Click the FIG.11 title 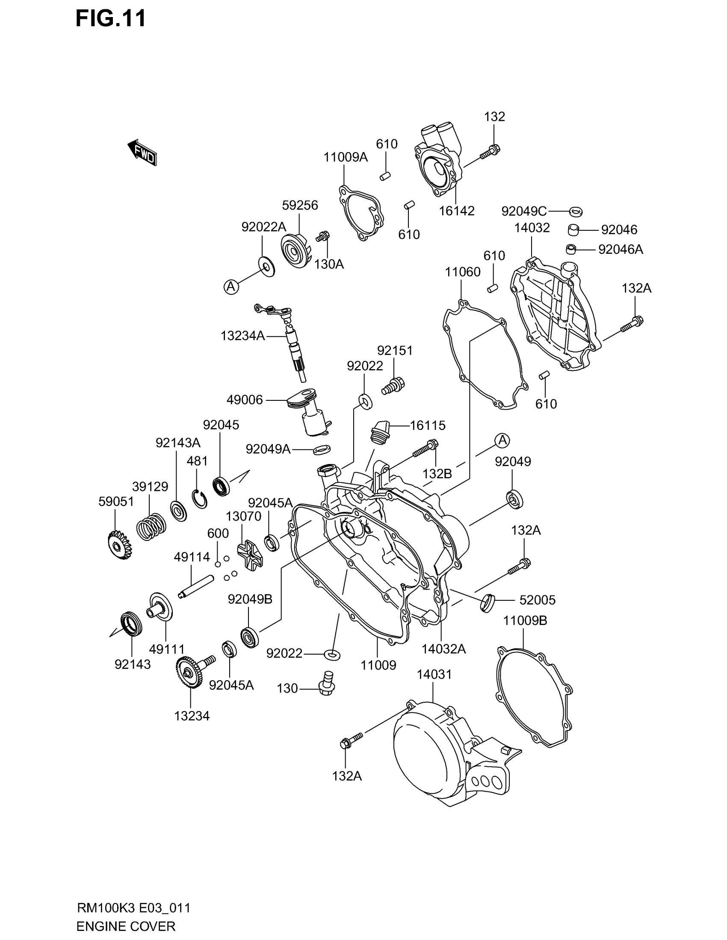point(111,18)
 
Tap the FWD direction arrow point(142,153)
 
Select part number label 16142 point(457,211)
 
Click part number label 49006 point(245,400)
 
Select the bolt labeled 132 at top point(491,151)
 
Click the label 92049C point(524,211)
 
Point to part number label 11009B point(525,621)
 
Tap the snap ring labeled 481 point(199,499)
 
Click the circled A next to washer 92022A point(231,286)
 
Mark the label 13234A point(242,336)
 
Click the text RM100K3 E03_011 point(133,908)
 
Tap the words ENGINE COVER point(126,926)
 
